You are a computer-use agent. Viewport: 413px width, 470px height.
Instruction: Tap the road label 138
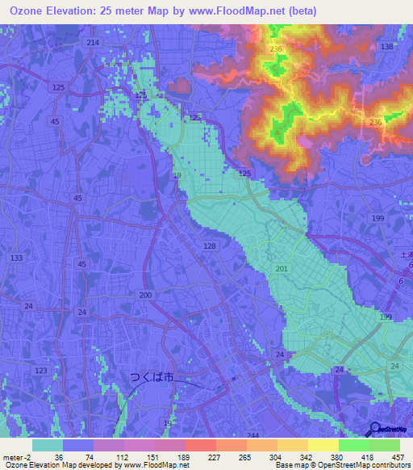(386, 48)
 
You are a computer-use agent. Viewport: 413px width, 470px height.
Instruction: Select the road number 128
(210, 245)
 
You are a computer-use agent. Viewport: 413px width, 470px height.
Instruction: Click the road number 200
(145, 296)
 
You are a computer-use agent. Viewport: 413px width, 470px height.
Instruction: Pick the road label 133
(16, 258)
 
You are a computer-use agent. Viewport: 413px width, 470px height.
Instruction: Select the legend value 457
(397, 456)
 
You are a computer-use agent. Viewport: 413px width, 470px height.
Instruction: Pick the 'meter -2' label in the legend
(15, 456)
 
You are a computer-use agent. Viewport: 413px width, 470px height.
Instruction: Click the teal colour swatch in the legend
(48, 445)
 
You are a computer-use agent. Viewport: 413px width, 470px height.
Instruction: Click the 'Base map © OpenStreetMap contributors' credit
(342, 465)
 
